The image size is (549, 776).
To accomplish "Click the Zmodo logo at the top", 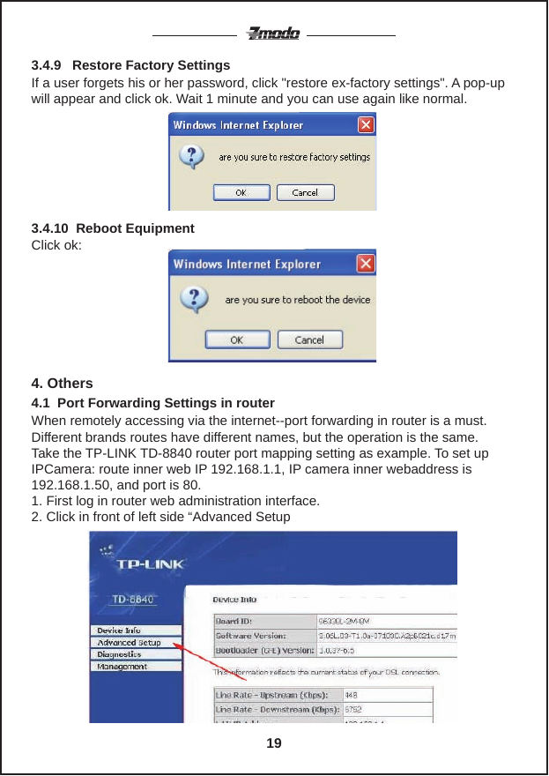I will [x=273, y=34].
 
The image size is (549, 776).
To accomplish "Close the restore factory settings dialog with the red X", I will [x=366, y=124].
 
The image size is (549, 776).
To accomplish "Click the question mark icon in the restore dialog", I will [x=191, y=158].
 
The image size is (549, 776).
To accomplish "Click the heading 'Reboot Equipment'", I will [x=136, y=228].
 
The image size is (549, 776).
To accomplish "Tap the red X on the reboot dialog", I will [x=365, y=264].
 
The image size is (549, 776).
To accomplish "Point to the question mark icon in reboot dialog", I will [x=194, y=299].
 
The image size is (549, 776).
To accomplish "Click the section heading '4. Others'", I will [x=62, y=384].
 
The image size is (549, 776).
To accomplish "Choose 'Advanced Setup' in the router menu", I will [x=129, y=643].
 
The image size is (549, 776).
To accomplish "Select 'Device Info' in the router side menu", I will [x=119, y=630].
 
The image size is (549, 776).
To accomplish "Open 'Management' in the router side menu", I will [x=122, y=667].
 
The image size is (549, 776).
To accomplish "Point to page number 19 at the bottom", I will [x=274, y=743].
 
